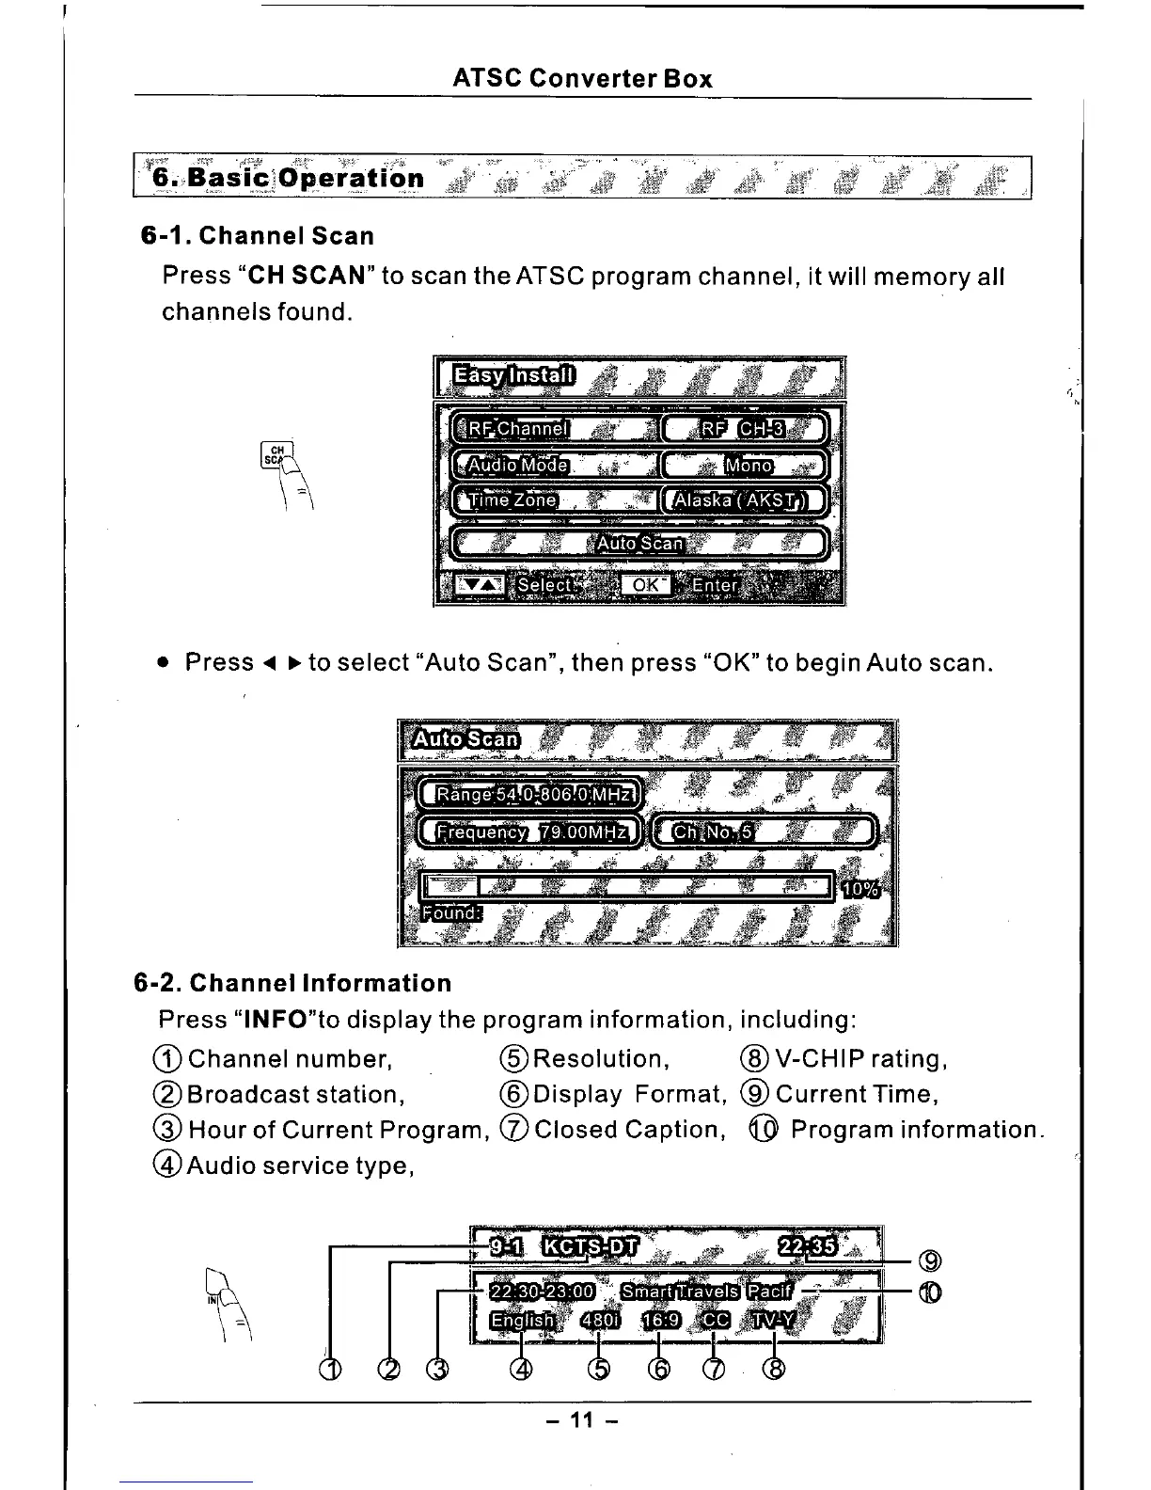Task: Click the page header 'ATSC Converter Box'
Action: pos(582,79)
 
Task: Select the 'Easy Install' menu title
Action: pos(512,376)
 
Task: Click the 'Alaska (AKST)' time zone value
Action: pos(744,499)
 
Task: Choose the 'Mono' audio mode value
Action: pos(749,465)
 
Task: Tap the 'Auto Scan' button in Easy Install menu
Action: pos(639,543)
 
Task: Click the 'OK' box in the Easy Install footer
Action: pos(645,585)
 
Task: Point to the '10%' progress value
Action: pos(859,889)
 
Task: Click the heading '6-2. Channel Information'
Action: pos(292,984)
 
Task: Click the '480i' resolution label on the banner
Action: pos(600,1321)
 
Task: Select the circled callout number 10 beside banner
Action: pos(930,1293)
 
